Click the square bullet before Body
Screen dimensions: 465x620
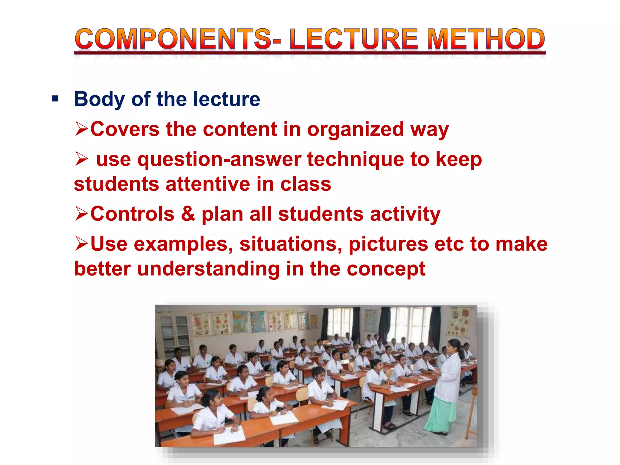(x=55, y=99)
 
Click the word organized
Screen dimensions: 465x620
(x=355, y=130)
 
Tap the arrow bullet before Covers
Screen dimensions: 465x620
(x=81, y=129)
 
